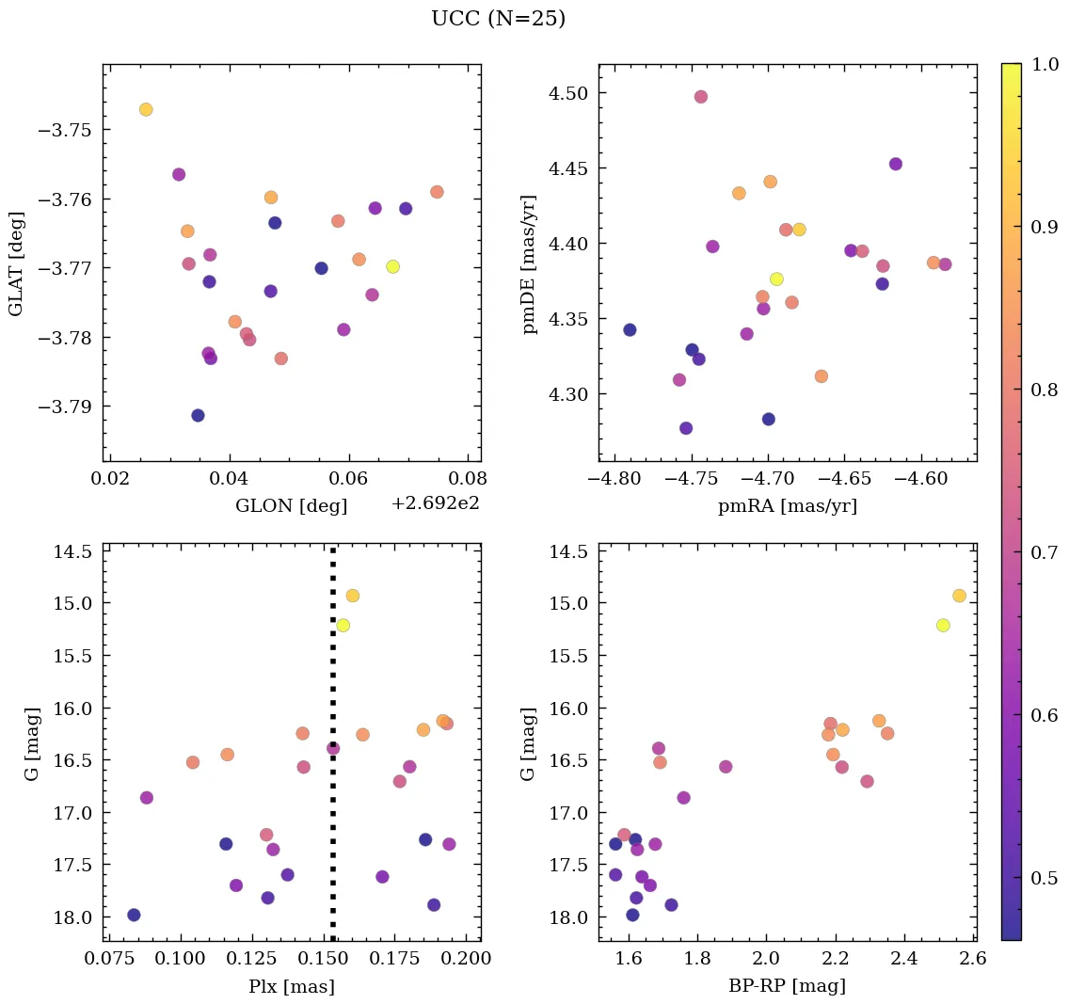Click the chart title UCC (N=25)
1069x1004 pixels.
[498, 19]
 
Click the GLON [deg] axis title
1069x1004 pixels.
[291, 506]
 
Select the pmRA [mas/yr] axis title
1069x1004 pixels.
[787, 506]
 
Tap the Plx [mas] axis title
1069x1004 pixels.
[291, 986]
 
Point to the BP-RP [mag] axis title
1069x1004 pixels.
[787, 986]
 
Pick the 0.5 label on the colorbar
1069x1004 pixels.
[1044, 878]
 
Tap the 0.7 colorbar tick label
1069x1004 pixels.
[1044, 552]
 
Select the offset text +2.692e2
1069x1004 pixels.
[435, 503]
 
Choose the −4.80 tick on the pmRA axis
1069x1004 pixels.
[615, 480]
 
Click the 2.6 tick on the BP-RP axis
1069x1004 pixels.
[973, 958]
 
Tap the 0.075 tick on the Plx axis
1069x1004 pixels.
[107, 958]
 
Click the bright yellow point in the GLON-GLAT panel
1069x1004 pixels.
[392, 266]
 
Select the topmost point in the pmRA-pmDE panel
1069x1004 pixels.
[700, 97]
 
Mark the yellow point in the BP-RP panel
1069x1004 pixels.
[943, 626]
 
